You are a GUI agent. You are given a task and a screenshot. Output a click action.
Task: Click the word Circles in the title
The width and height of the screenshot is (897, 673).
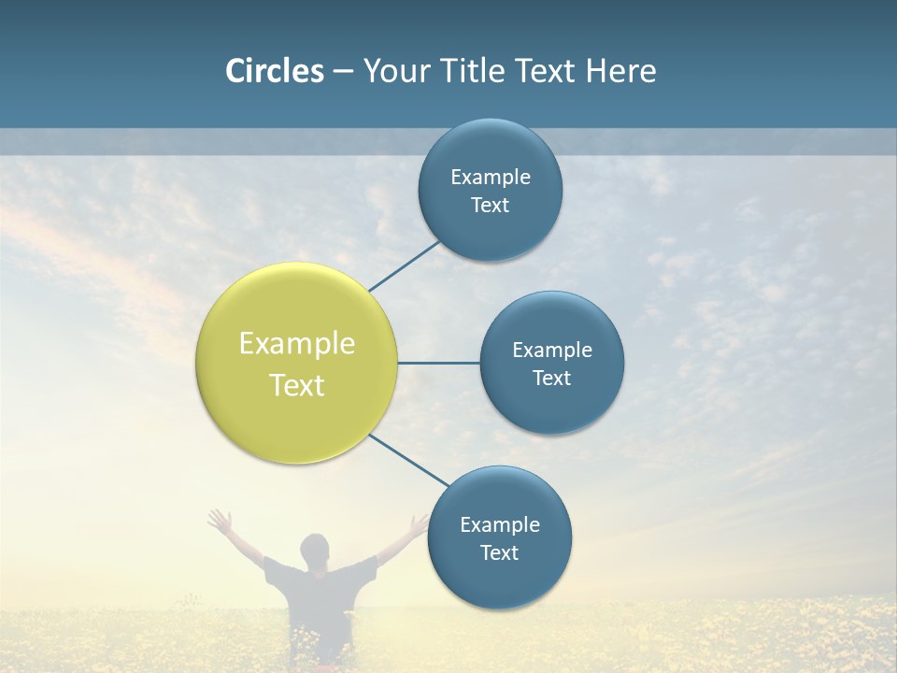(x=275, y=71)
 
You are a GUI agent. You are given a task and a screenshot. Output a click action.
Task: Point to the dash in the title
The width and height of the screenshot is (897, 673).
(x=343, y=72)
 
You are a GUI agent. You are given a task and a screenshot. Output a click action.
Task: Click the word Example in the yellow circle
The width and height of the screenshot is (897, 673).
(x=297, y=344)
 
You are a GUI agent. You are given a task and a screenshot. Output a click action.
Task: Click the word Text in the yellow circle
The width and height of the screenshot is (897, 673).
(x=297, y=385)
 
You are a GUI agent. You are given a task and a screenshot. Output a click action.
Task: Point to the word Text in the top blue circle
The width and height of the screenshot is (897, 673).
(x=491, y=206)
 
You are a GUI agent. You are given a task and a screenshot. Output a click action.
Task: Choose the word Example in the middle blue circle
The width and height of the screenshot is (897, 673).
(x=552, y=351)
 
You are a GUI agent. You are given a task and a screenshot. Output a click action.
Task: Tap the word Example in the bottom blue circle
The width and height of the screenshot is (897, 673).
(x=500, y=525)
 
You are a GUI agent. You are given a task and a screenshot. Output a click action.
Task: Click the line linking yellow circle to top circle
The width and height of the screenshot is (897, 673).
(x=405, y=265)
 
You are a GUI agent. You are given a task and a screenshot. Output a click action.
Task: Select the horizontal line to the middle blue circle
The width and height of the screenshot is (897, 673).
(x=439, y=363)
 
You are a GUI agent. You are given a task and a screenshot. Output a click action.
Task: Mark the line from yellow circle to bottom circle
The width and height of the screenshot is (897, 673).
(x=409, y=461)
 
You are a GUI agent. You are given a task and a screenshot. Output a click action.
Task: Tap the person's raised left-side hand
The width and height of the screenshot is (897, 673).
(x=220, y=519)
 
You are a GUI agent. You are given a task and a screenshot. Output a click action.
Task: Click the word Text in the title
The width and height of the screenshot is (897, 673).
(x=545, y=71)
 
